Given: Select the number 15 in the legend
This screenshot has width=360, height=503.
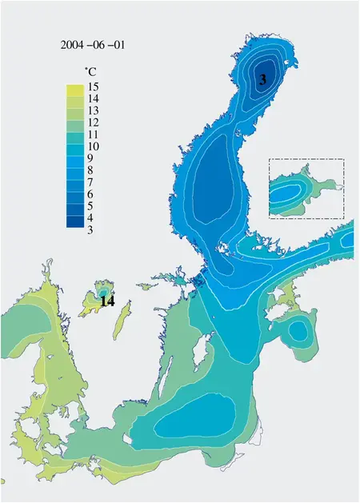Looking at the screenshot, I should pyautogui.click(x=94, y=86).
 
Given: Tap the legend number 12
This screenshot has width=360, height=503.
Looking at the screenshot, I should pyautogui.click(x=94, y=122).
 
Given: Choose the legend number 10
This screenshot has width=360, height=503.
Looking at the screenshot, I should pyautogui.click(x=94, y=146).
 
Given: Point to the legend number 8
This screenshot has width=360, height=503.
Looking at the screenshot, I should pyautogui.click(x=94, y=170).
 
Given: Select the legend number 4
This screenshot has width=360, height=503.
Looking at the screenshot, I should pyautogui.click(x=94, y=218).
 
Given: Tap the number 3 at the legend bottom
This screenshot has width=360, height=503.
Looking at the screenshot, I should pyautogui.click(x=94, y=230).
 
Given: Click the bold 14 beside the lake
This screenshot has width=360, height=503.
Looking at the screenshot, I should pyautogui.click(x=108, y=302).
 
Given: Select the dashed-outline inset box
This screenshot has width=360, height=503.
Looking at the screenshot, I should pyautogui.click(x=306, y=189).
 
